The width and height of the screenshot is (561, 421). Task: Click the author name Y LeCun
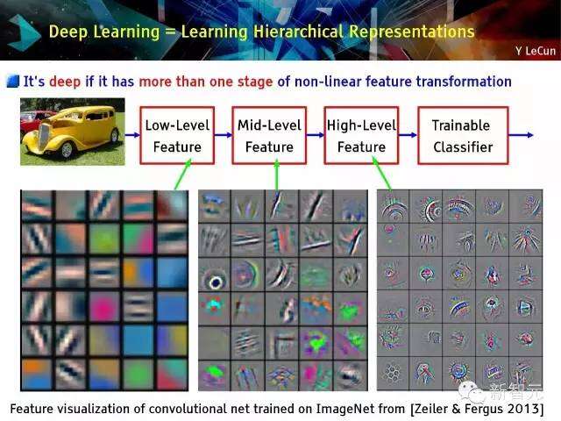click(536, 51)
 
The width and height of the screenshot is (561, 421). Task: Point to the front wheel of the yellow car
click(67, 150)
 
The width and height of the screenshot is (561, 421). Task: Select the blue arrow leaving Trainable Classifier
click(521, 135)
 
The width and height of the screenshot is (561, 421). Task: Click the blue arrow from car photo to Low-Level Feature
click(132, 135)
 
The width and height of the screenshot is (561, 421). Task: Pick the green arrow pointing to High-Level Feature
click(381, 174)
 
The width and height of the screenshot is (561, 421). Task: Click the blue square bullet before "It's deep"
click(13, 82)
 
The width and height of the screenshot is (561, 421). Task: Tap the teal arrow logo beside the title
click(24, 33)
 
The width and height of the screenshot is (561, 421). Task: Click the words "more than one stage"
click(206, 82)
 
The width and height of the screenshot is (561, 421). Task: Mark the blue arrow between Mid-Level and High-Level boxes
click(316, 135)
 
